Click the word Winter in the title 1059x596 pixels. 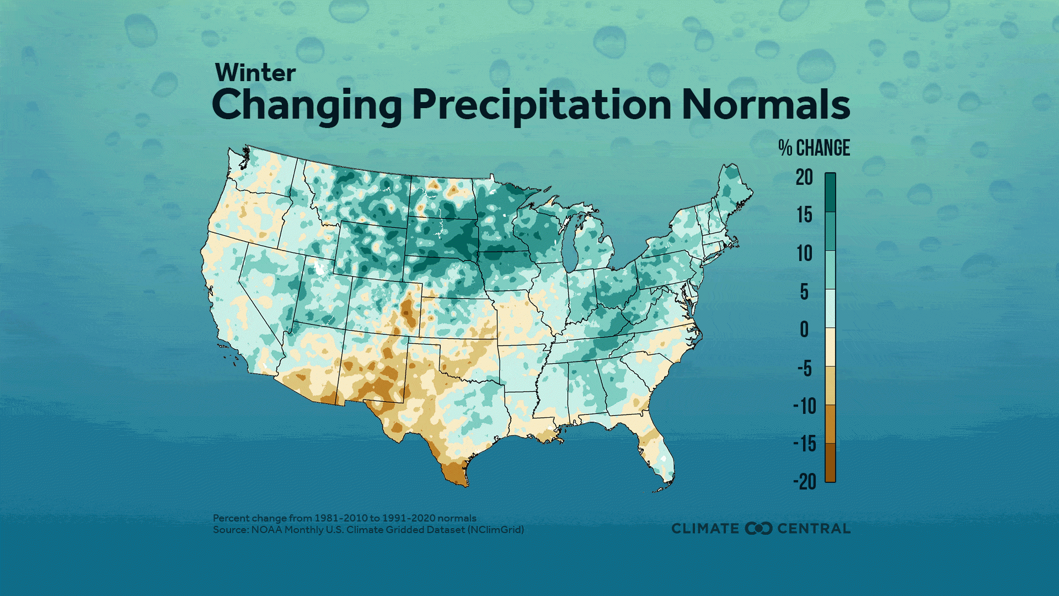point(255,73)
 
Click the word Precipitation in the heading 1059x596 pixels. point(542,105)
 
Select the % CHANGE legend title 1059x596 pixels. point(814,148)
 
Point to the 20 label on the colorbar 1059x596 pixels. point(804,177)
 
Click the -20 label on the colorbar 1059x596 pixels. point(804,482)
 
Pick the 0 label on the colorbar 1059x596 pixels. point(804,329)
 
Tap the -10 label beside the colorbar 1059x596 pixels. point(804,406)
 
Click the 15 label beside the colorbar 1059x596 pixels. point(804,215)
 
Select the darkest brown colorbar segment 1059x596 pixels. point(830,462)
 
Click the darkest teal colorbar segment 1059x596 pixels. point(830,193)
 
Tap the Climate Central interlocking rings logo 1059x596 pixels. point(758,529)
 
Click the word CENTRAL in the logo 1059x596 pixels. point(814,529)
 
